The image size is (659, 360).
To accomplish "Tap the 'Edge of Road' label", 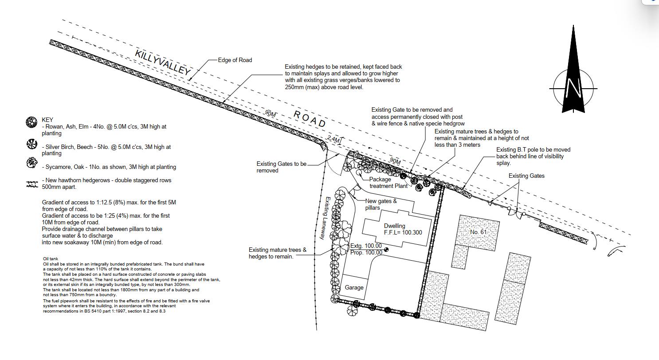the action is click(x=235, y=60).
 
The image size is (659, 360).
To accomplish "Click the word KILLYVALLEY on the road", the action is click(x=163, y=62).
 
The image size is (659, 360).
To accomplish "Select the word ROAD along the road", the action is click(x=310, y=119).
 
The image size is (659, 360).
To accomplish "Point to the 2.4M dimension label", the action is click(x=334, y=139).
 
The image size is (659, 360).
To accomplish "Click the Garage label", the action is click(x=354, y=287).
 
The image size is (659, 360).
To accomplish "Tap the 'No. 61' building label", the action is click(x=478, y=232).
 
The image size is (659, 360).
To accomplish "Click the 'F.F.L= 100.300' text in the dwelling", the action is click(x=403, y=232).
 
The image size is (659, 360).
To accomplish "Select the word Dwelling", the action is click(x=394, y=226).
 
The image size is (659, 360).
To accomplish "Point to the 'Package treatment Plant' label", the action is click(x=388, y=183).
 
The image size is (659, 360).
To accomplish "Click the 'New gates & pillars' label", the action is click(x=381, y=204).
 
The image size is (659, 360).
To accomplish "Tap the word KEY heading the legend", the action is click(x=47, y=120).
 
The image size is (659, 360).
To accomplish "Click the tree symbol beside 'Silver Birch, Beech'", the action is click(x=32, y=144).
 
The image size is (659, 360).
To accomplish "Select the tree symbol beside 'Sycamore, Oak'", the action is click(x=32, y=163).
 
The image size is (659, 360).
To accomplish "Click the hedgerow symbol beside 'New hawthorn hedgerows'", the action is click(x=32, y=184).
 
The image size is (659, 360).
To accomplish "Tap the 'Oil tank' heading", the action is click(x=51, y=259).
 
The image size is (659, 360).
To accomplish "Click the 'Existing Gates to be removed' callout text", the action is click(x=282, y=167).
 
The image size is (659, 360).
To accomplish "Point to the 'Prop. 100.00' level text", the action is click(x=366, y=252).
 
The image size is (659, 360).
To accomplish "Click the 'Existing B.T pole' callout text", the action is click(x=533, y=156).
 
